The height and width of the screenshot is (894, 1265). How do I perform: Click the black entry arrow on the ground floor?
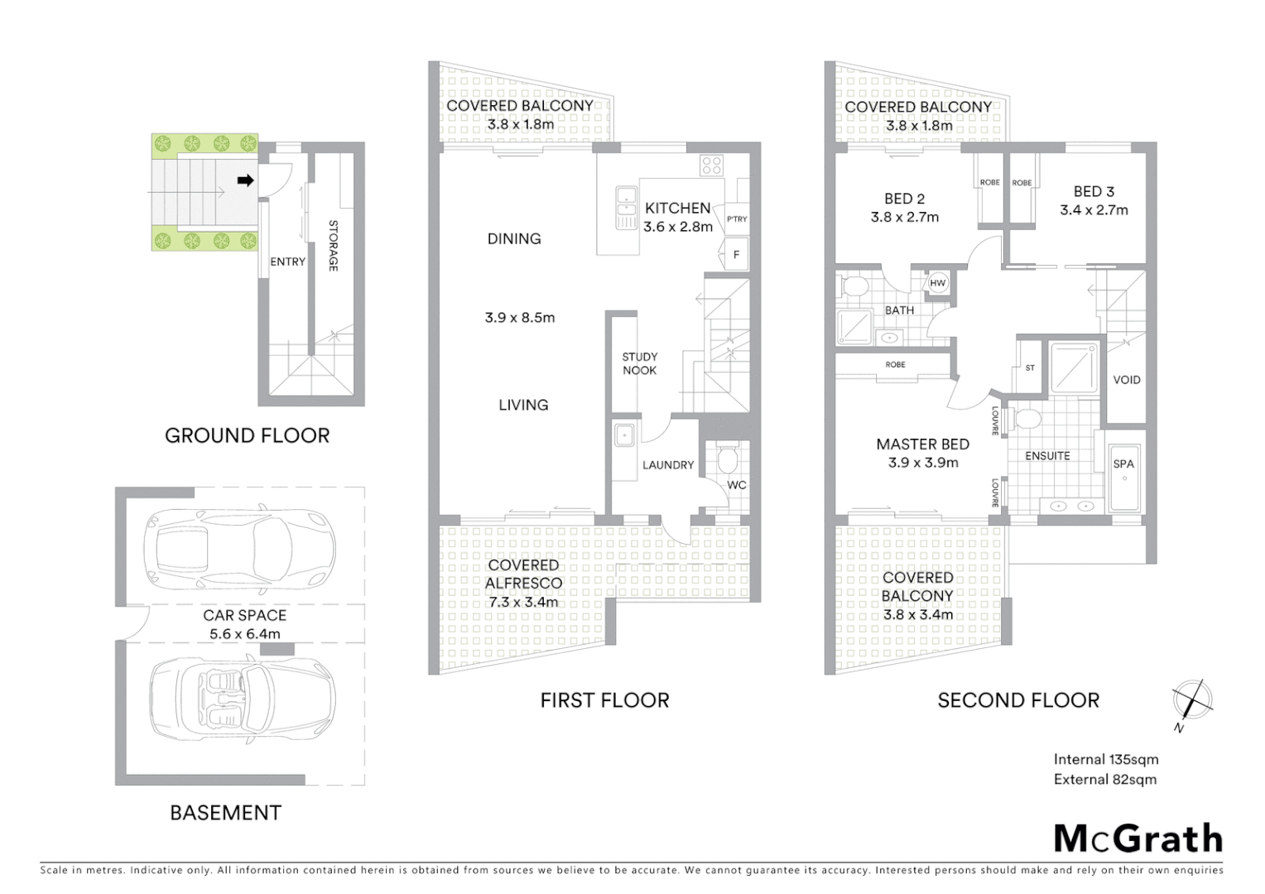point(245,180)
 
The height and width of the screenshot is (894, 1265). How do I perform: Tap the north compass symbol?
point(1192,700)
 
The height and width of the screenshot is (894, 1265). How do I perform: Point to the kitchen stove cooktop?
point(711,165)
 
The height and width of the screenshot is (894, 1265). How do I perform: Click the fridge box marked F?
point(736,255)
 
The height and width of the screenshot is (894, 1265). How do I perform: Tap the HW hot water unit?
point(937,283)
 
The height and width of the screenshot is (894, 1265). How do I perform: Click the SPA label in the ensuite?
point(1123,464)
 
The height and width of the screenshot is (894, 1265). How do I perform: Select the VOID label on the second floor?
point(1127,380)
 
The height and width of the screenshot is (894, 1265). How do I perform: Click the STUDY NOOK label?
point(639,363)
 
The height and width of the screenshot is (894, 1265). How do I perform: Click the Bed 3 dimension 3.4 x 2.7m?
point(1094,210)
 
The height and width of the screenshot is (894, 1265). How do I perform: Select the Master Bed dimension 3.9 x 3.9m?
point(923,463)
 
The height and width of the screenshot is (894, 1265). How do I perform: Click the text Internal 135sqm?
point(1105,759)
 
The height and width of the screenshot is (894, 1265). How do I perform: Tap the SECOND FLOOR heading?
point(1018,700)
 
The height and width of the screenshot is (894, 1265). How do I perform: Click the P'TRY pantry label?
point(736,219)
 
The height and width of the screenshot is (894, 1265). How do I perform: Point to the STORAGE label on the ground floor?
point(333,246)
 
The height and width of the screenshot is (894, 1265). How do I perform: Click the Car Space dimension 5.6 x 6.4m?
point(244,634)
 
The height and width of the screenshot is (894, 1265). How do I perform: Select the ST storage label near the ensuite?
point(1030,368)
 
